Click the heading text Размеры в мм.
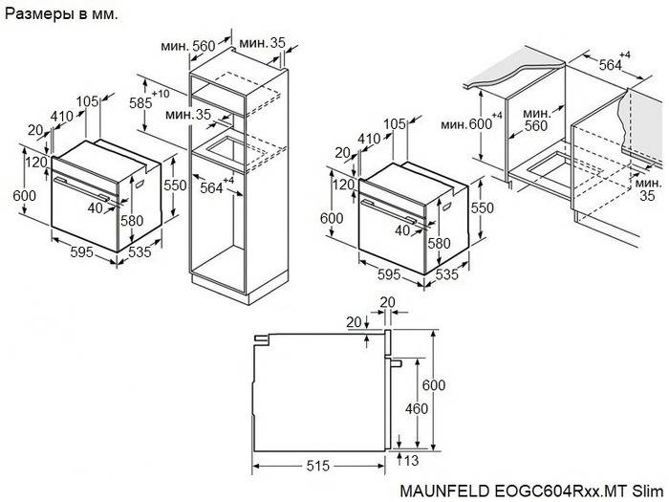pos(56,13)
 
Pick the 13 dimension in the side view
pos(411,461)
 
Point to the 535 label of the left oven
pos(141,251)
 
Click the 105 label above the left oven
pos(88,101)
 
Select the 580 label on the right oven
pos(439,243)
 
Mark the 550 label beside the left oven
pos(173,186)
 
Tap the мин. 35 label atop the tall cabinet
pos(263,43)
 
